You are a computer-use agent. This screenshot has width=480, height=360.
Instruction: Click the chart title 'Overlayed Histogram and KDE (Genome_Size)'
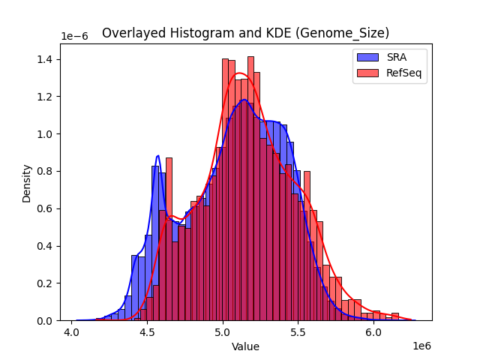(245, 33)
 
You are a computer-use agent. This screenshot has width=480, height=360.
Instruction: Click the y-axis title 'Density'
(27, 182)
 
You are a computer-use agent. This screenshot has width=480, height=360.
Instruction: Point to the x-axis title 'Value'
(245, 347)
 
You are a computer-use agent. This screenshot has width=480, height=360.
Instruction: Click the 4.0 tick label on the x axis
(72, 331)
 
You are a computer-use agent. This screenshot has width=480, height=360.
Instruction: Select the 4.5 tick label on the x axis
(147, 331)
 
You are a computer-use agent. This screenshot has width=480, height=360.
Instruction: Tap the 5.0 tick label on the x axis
(223, 331)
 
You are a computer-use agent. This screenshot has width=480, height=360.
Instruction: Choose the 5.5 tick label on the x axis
(298, 331)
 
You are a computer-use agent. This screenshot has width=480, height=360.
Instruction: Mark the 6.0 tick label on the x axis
(373, 331)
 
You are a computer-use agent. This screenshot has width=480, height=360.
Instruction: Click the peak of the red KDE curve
(239, 73)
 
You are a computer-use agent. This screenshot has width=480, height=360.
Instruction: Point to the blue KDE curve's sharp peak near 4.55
(157, 156)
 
